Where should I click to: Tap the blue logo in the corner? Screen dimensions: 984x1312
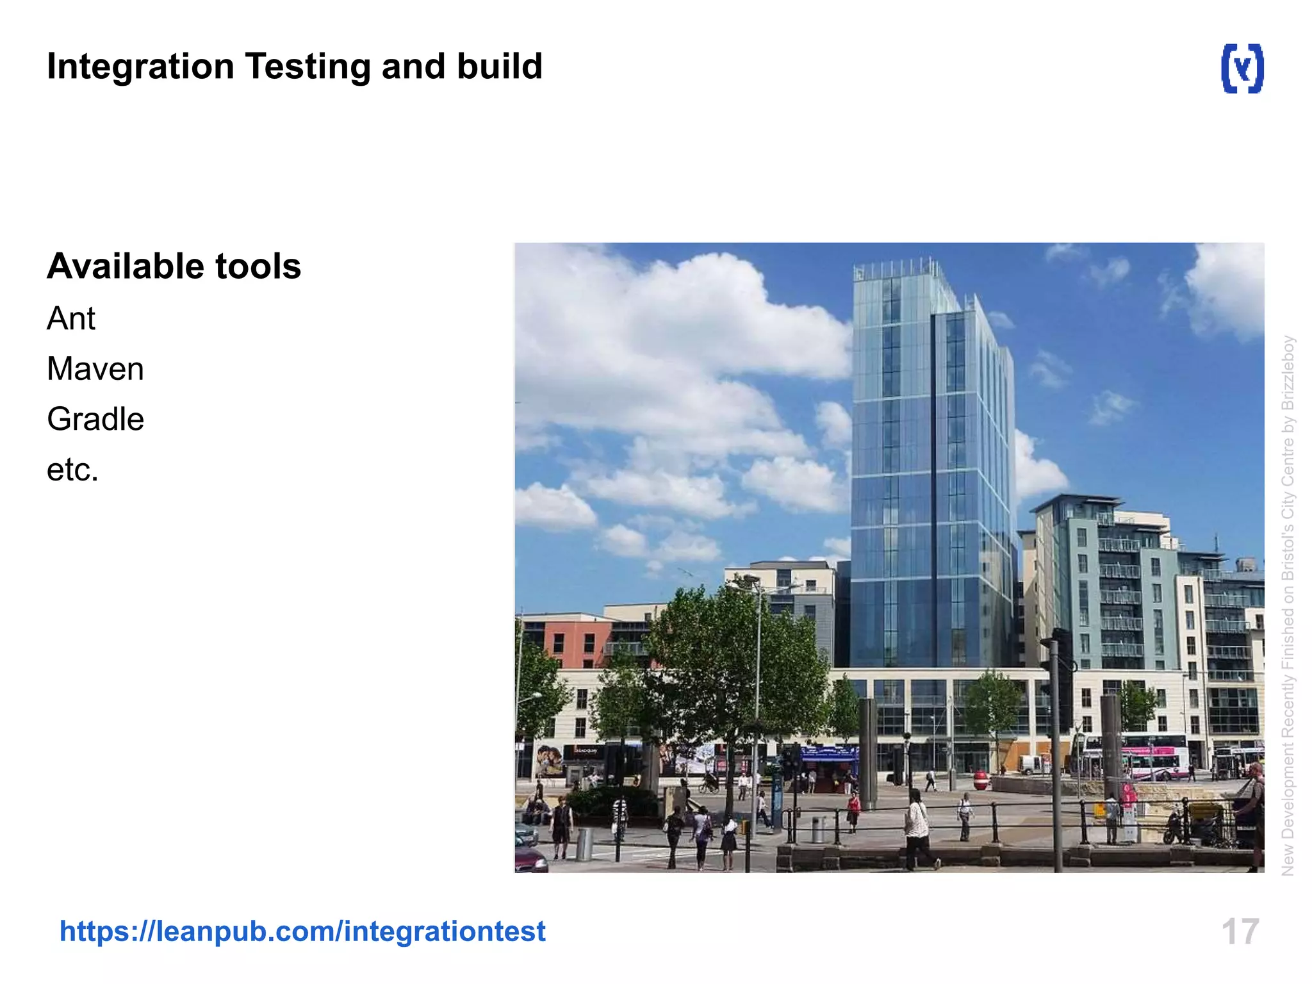point(1242,69)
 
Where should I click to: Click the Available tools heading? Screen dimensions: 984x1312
point(174,266)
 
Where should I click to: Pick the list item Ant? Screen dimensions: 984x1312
point(71,319)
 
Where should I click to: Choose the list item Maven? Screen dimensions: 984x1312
point(95,370)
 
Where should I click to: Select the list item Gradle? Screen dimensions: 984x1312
point(95,420)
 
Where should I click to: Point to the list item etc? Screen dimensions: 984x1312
point(72,470)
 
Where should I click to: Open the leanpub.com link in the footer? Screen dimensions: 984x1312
point(302,931)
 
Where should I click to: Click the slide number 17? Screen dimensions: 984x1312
point(1240,931)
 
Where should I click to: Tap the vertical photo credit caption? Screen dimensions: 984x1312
point(1288,605)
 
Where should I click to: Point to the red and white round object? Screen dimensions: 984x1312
point(980,780)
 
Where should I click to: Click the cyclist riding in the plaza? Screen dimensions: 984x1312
point(709,783)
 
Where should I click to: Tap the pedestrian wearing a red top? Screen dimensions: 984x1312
point(853,808)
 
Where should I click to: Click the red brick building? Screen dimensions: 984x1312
point(567,641)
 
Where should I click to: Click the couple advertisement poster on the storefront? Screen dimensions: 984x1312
point(549,761)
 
